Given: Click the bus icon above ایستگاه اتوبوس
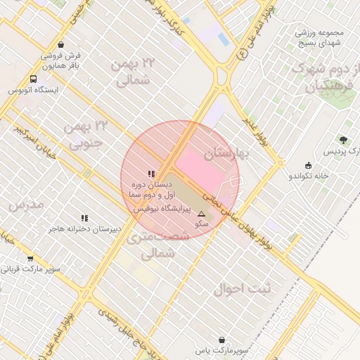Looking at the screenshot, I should point(34,79).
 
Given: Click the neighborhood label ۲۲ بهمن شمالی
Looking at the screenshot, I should point(132,72).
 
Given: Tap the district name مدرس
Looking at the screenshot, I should point(27,205).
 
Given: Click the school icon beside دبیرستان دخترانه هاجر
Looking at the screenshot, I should point(85,218).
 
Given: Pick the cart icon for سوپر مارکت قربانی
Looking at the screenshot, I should point(30,259).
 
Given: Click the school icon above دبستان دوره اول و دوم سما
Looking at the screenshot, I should point(151,174).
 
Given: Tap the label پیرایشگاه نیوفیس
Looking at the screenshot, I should point(162,210).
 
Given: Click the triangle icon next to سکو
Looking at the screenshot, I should point(202,213).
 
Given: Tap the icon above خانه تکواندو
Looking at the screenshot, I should point(308,165).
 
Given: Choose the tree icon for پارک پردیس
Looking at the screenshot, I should point(343,141).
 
